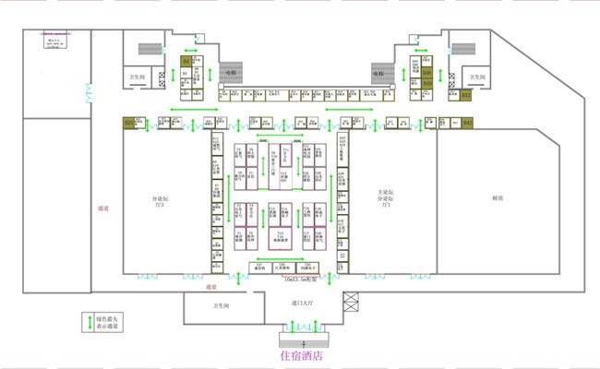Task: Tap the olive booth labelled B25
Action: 129,123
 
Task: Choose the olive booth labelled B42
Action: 467,123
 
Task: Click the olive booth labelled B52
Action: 466,94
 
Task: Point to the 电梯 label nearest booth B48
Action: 378,72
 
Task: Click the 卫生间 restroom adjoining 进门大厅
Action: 221,305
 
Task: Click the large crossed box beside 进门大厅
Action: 352,302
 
